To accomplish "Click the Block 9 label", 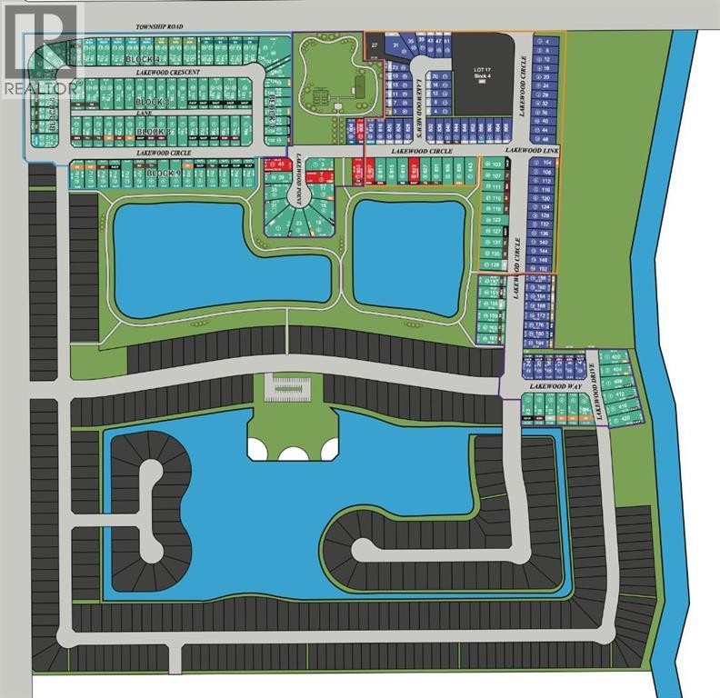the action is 165,173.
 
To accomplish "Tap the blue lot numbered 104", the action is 546,163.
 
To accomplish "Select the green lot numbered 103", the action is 495,165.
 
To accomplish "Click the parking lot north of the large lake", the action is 292,387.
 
